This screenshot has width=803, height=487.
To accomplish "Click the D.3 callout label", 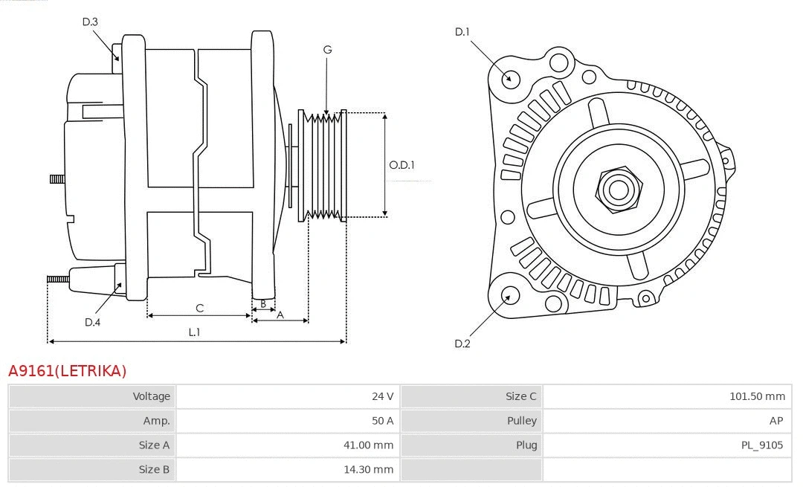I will point(90,22).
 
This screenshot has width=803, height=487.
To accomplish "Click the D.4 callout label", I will point(92,322).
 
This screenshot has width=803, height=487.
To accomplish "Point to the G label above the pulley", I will point(327,50).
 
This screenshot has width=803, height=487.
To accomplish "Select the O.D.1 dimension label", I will point(402,165).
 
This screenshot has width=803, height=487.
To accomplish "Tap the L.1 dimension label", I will point(194,332).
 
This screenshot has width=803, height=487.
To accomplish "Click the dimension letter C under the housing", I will point(199,308).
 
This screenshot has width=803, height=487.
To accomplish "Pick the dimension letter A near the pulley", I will point(280,315).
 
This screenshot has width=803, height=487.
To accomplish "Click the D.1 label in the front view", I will point(462,31).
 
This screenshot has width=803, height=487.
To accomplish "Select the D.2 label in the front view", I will point(462,344).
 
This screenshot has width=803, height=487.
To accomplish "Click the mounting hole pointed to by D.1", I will point(510,78).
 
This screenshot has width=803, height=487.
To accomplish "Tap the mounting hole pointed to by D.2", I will point(509,297).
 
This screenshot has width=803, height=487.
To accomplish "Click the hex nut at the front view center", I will point(618,189).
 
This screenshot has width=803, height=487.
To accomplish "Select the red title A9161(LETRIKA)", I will point(68,370).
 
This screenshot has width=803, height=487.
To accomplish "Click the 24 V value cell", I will point(382,396).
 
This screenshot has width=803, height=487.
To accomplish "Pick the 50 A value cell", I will point(382,421).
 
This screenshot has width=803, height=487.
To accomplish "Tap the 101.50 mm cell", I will point(756,396).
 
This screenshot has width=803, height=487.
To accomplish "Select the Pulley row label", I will point(521,421).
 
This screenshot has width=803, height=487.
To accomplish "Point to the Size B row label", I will point(154,469).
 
